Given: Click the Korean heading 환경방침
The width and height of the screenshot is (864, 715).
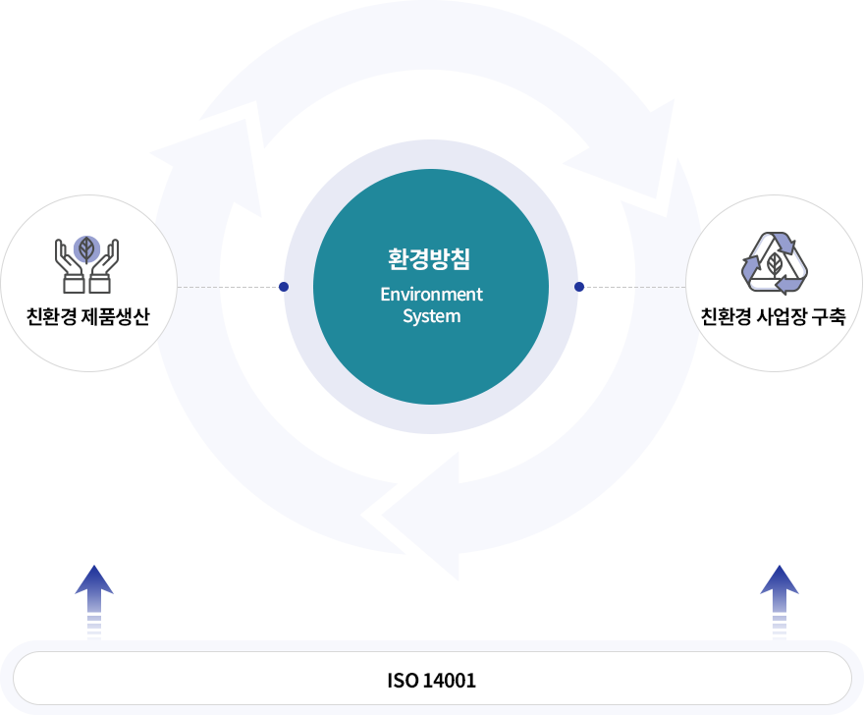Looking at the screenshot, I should coord(431,260).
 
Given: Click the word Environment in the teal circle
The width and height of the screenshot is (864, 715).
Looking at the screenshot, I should coord(431,295).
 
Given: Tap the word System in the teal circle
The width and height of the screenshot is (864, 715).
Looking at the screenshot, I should coord(431,316).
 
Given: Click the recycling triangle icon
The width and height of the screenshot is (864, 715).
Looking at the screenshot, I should coord(775,262).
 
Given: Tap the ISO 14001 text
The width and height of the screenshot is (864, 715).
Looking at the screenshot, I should coord(432,680).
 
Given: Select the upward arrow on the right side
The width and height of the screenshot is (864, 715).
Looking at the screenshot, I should coord(779,599).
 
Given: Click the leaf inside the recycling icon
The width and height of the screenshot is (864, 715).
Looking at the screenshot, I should coord(775,264).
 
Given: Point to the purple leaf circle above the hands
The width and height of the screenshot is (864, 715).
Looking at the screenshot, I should coord(87,247).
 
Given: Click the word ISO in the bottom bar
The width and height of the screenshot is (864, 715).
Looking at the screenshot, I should coord(401,680).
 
